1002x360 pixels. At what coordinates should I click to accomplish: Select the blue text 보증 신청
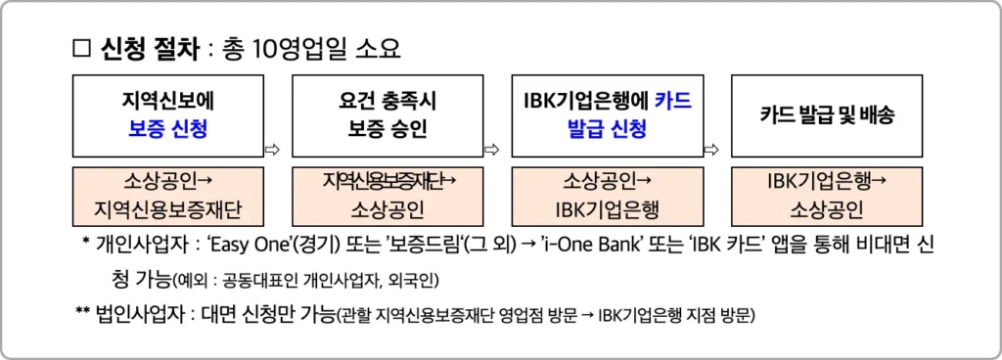[x=167, y=129]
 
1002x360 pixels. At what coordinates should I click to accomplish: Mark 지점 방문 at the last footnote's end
[x=720, y=316]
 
